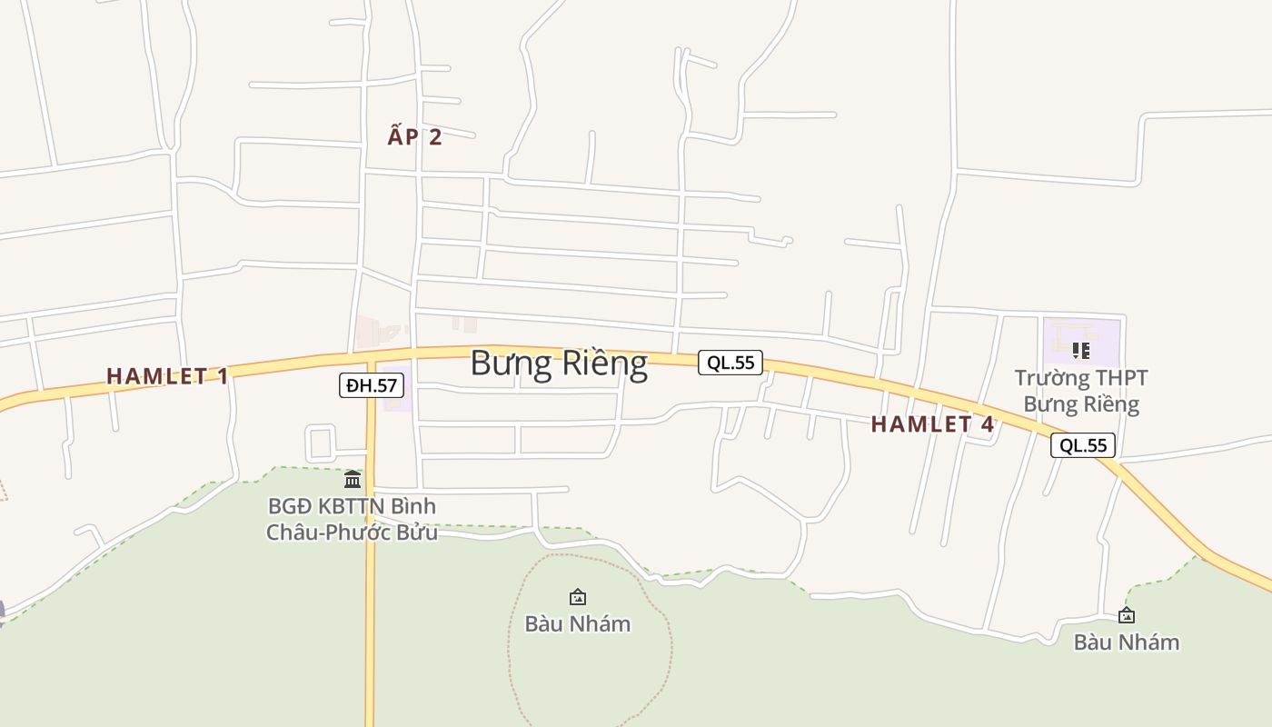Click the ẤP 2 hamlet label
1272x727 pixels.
click(414, 137)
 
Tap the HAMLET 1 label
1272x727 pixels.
click(167, 375)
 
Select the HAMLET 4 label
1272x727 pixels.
click(932, 423)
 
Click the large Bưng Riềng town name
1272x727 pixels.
click(559, 363)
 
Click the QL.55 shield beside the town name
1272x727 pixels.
click(730, 363)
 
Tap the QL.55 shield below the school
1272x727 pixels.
click(1083, 445)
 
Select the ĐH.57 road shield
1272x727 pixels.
click(372, 385)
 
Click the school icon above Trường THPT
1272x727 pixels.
click(1080, 350)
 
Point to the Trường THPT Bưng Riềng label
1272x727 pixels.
click(1081, 391)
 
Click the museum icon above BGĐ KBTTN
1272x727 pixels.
click(353, 479)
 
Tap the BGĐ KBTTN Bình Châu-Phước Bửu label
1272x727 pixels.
click(352, 519)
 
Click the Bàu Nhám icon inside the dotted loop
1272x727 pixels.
click(577, 597)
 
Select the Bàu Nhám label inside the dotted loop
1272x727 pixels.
click(577, 623)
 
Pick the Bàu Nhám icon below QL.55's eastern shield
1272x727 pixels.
click(1127, 615)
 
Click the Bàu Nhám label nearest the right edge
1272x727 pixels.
click(1127, 642)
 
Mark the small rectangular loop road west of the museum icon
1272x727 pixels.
click(321, 443)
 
